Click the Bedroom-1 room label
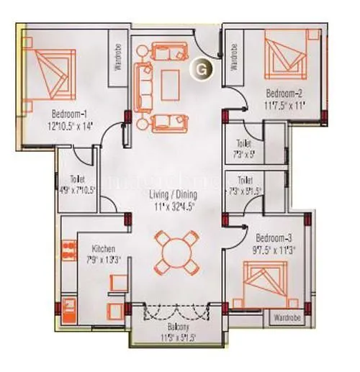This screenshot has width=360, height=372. coord(69,113)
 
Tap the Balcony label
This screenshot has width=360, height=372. coord(174,326)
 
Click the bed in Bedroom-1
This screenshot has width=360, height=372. coord(50,72)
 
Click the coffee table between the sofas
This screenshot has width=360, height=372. coord(171,84)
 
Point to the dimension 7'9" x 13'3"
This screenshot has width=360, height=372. coord(94,260)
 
